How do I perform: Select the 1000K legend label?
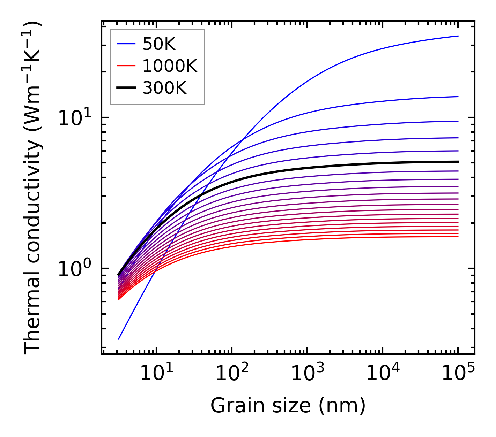click(170, 66)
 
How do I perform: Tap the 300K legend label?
click(164, 88)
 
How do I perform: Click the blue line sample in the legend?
click(126, 44)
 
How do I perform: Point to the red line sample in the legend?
click(126, 66)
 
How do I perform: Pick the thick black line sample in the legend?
click(126, 88)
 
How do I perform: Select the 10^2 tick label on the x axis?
click(232, 374)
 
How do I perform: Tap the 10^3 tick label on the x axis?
click(307, 374)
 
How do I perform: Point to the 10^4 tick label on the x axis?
click(383, 374)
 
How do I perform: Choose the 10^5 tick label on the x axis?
click(458, 374)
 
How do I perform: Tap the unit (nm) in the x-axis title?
click(342, 406)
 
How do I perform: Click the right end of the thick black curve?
click(458, 162)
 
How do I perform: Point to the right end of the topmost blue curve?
click(458, 36)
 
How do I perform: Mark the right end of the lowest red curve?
click(458, 237)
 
